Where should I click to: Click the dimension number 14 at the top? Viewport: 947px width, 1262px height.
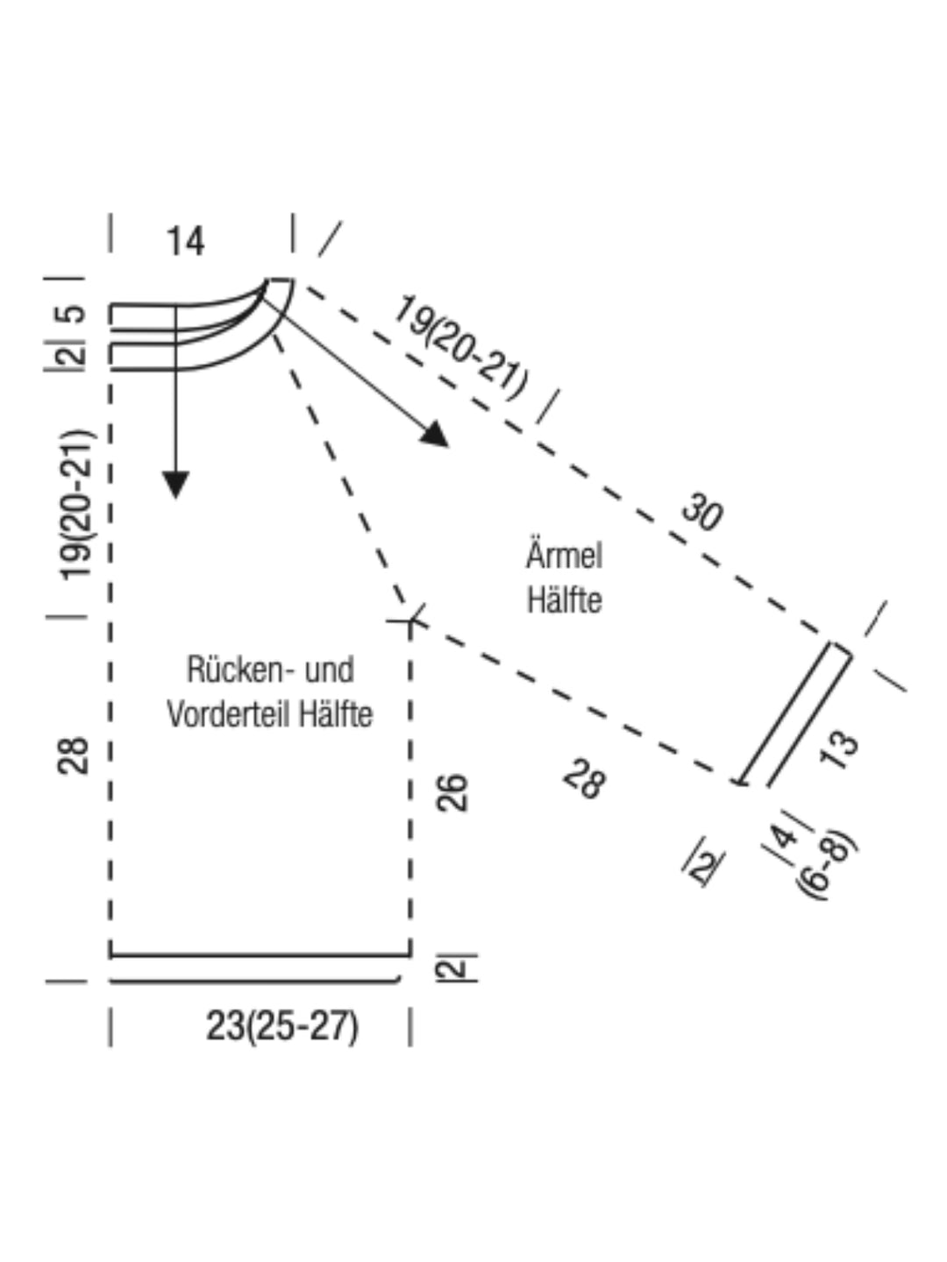click(x=185, y=242)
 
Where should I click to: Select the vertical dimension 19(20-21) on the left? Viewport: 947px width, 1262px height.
click(x=76, y=504)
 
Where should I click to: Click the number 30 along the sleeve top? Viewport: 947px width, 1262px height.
click(x=702, y=511)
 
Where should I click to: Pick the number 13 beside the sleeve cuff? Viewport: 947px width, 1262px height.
click(x=839, y=749)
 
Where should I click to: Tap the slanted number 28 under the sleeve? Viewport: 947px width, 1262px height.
click(x=584, y=779)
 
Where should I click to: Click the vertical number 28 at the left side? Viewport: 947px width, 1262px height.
click(x=73, y=756)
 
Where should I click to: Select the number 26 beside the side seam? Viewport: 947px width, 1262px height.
click(x=452, y=793)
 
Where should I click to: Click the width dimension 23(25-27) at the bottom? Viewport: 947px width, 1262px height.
click(x=282, y=1026)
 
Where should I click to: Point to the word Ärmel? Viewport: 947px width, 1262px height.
click(x=564, y=555)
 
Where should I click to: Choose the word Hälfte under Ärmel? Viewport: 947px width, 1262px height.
click(x=565, y=599)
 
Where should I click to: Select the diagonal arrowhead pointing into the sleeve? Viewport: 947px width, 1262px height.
click(x=435, y=436)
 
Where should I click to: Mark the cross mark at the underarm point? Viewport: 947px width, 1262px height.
click(x=410, y=621)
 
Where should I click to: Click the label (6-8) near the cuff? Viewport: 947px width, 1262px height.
click(x=826, y=866)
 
